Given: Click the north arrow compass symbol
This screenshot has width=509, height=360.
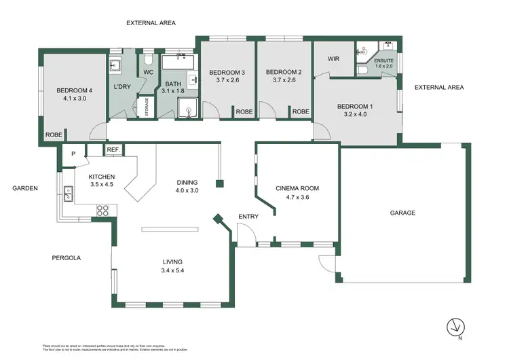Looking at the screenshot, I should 455,327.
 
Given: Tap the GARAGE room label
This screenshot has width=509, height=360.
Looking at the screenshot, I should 402,213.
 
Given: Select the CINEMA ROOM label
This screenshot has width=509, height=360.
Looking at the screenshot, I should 297,188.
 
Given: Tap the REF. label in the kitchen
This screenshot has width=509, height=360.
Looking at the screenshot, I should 113,150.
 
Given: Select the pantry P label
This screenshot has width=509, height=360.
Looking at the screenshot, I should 73,154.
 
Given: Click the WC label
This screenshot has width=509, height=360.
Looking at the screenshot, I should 148,72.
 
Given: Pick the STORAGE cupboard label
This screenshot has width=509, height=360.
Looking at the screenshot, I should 145,107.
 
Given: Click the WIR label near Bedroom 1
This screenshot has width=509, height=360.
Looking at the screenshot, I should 333,59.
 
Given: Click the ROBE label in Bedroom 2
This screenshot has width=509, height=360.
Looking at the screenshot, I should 301,111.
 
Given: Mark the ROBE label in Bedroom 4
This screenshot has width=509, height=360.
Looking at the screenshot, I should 54,135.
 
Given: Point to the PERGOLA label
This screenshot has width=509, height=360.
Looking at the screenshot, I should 67,258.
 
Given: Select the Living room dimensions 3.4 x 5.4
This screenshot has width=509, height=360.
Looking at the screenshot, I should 172,270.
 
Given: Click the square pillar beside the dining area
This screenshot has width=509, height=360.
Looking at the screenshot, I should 219,183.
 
